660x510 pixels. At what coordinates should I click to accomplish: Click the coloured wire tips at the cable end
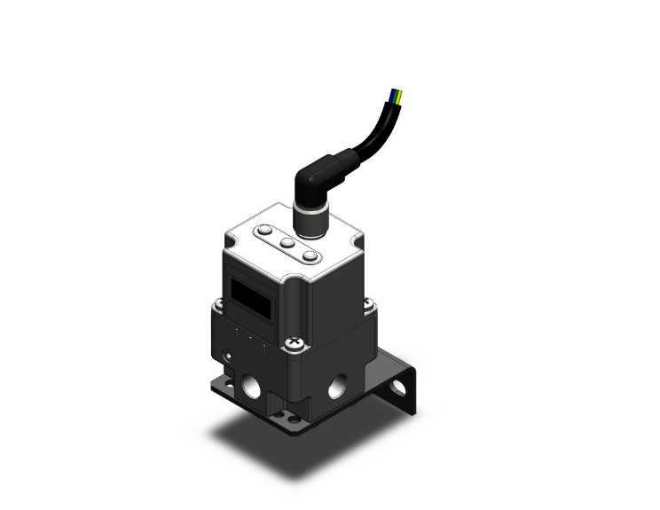[x=397, y=93]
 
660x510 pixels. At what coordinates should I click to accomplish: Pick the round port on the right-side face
[x=338, y=386]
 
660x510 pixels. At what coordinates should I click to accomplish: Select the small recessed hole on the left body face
[x=229, y=357]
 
